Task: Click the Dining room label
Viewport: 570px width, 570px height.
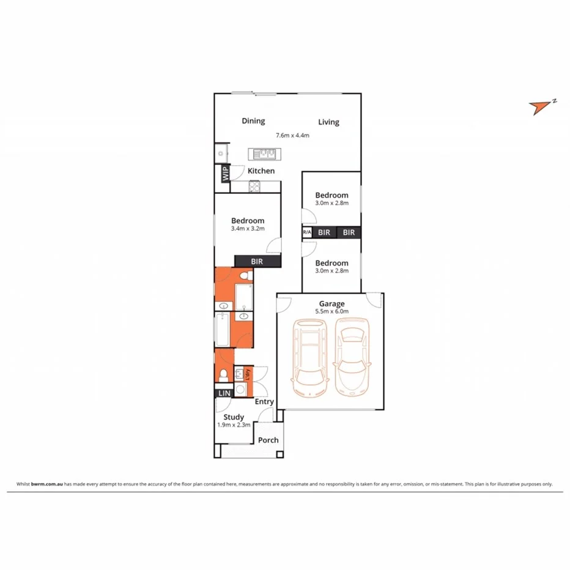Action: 253,121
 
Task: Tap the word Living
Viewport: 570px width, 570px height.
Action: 328,122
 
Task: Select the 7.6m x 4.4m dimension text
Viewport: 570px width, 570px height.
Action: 293,135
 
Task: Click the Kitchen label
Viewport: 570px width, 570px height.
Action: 261,171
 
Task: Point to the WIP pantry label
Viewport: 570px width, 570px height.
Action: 224,174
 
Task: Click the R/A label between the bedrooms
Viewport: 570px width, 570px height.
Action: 307,232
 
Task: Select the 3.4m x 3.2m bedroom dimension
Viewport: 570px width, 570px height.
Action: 248,229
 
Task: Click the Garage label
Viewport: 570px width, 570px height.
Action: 332,303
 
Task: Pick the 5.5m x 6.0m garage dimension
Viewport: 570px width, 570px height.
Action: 332,311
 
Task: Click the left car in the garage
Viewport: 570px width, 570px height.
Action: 310,358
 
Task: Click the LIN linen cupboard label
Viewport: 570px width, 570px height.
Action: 224,393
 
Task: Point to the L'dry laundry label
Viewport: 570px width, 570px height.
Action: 248,372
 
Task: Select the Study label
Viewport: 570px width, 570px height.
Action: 234,417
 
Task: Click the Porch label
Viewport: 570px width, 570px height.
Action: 268,440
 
